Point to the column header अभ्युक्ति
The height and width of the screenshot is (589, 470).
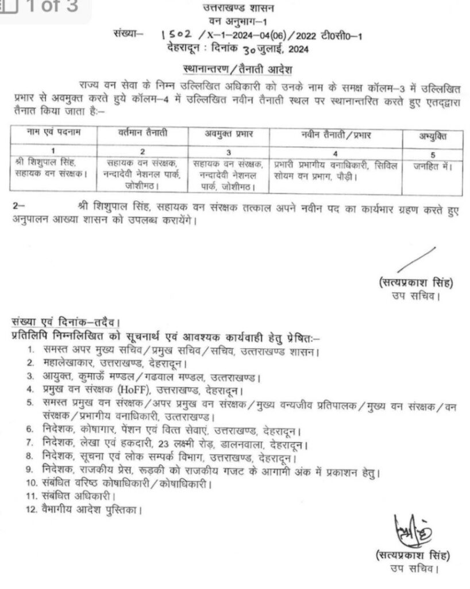click(432, 136)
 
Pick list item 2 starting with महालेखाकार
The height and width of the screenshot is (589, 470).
click(113, 364)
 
